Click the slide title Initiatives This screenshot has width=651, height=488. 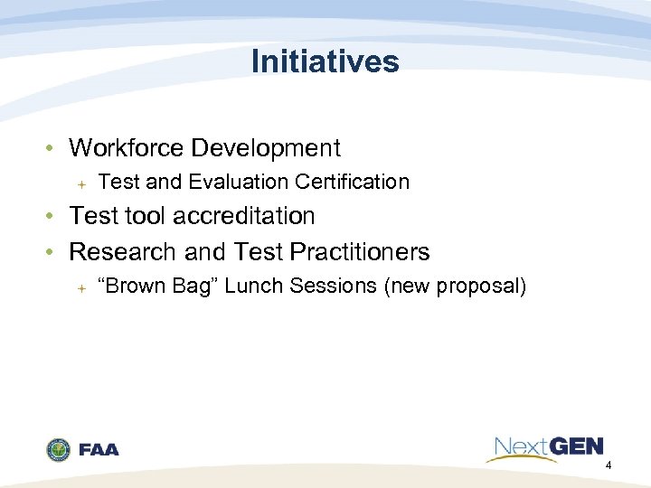pos(325,61)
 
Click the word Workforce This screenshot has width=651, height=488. pos(124,147)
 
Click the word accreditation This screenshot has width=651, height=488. pos(247,216)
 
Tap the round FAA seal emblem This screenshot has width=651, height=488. pos(59,449)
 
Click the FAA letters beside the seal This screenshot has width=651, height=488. pos(99,449)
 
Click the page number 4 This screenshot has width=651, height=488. pos(609,465)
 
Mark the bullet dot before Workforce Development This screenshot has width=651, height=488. pos(55,148)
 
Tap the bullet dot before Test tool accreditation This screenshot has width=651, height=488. pos(55,217)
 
